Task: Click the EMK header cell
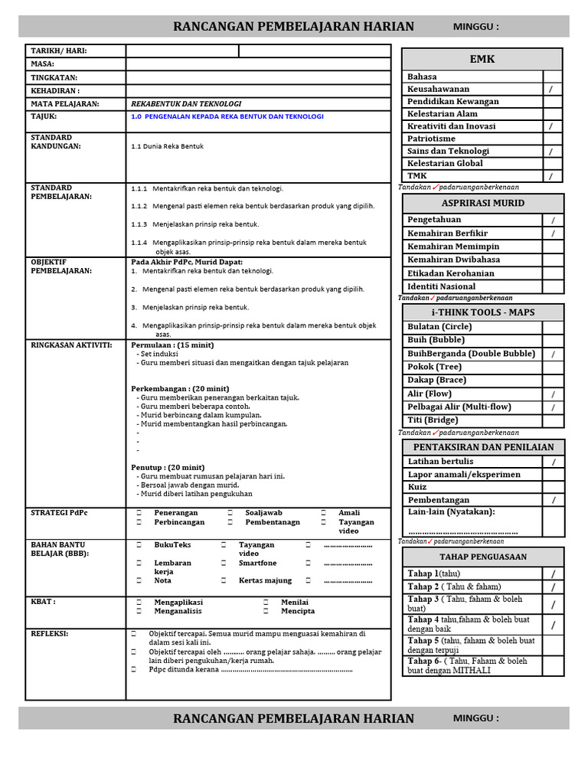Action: click(482, 59)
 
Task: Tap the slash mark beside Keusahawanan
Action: click(552, 90)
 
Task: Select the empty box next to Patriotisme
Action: click(552, 139)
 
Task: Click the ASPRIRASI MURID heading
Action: click(482, 203)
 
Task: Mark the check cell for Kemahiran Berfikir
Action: click(552, 233)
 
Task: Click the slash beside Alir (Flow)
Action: click(552, 394)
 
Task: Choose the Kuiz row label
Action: click(418, 487)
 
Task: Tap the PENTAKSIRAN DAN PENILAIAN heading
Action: click(482, 447)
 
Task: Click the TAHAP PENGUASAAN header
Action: click(482, 557)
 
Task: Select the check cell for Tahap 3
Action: click(552, 604)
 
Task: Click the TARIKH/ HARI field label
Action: click(58, 51)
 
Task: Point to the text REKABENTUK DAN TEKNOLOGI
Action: click(186, 103)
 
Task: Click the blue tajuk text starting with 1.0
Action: click(227, 116)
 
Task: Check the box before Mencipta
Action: click(266, 612)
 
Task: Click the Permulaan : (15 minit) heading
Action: click(172, 345)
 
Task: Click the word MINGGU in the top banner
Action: click(475, 27)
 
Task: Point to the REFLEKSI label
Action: click(50, 634)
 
